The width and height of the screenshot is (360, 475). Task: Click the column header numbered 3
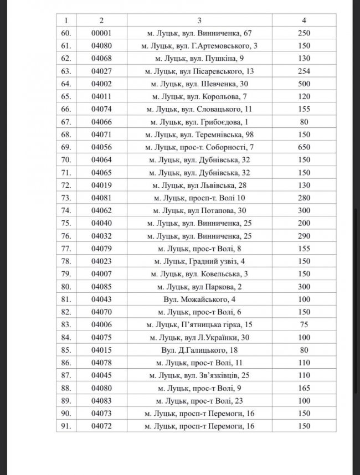pyautogui.click(x=200, y=20)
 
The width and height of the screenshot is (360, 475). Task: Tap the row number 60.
pyautogui.click(x=66, y=33)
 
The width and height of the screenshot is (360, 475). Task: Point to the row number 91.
pyautogui.click(x=66, y=426)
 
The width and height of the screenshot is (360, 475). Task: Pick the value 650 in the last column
pyautogui.click(x=304, y=147)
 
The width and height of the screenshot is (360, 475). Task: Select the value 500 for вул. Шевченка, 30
pyautogui.click(x=304, y=83)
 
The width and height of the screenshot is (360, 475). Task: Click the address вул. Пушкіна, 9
pyautogui.click(x=200, y=58)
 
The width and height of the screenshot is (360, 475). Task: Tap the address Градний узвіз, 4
pyautogui.click(x=200, y=261)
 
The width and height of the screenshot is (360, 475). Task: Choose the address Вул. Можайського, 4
pyautogui.click(x=200, y=299)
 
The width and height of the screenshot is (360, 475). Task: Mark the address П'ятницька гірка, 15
pyautogui.click(x=200, y=324)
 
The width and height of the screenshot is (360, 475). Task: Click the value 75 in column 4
pyautogui.click(x=304, y=324)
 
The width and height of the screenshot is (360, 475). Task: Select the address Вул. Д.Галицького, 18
pyautogui.click(x=200, y=350)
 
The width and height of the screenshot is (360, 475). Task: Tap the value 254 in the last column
pyautogui.click(x=304, y=71)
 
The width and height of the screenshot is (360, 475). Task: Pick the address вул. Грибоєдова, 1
pyautogui.click(x=200, y=121)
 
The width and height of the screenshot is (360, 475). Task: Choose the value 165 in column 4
pyautogui.click(x=304, y=388)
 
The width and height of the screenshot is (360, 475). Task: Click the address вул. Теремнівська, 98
pyautogui.click(x=200, y=134)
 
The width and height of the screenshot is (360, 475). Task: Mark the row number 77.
pyautogui.click(x=66, y=248)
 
